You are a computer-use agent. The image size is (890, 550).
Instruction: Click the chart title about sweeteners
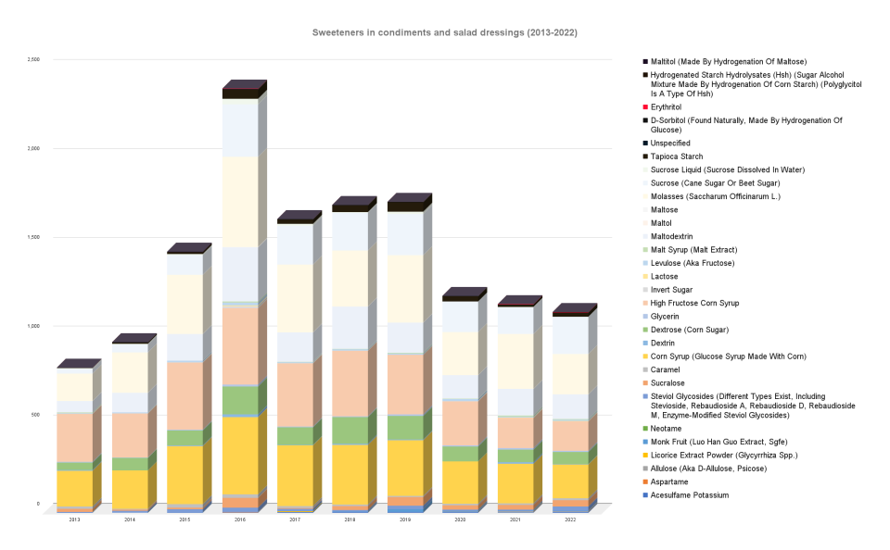pyautogui.click(x=444, y=32)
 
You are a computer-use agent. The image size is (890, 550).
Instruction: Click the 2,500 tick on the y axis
pyautogui.click(x=33, y=59)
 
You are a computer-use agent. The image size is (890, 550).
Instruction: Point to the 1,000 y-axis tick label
pyautogui.click(x=33, y=326)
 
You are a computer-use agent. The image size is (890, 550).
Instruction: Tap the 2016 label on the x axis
pyautogui.click(x=240, y=520)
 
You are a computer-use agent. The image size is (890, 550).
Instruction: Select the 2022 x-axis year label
pyautogui.click(x=570, y=520)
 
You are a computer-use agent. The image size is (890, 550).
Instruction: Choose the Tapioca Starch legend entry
pyautogui.click(x=676, y=156)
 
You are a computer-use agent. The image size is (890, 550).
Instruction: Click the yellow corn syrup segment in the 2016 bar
pyautogui.click(x=240, y=455)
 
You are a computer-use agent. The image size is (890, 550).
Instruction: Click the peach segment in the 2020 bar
pyautogui.click(x=461, y=422)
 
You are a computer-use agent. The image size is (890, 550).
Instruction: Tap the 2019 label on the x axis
pyautogui.click(x=405, y=520)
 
